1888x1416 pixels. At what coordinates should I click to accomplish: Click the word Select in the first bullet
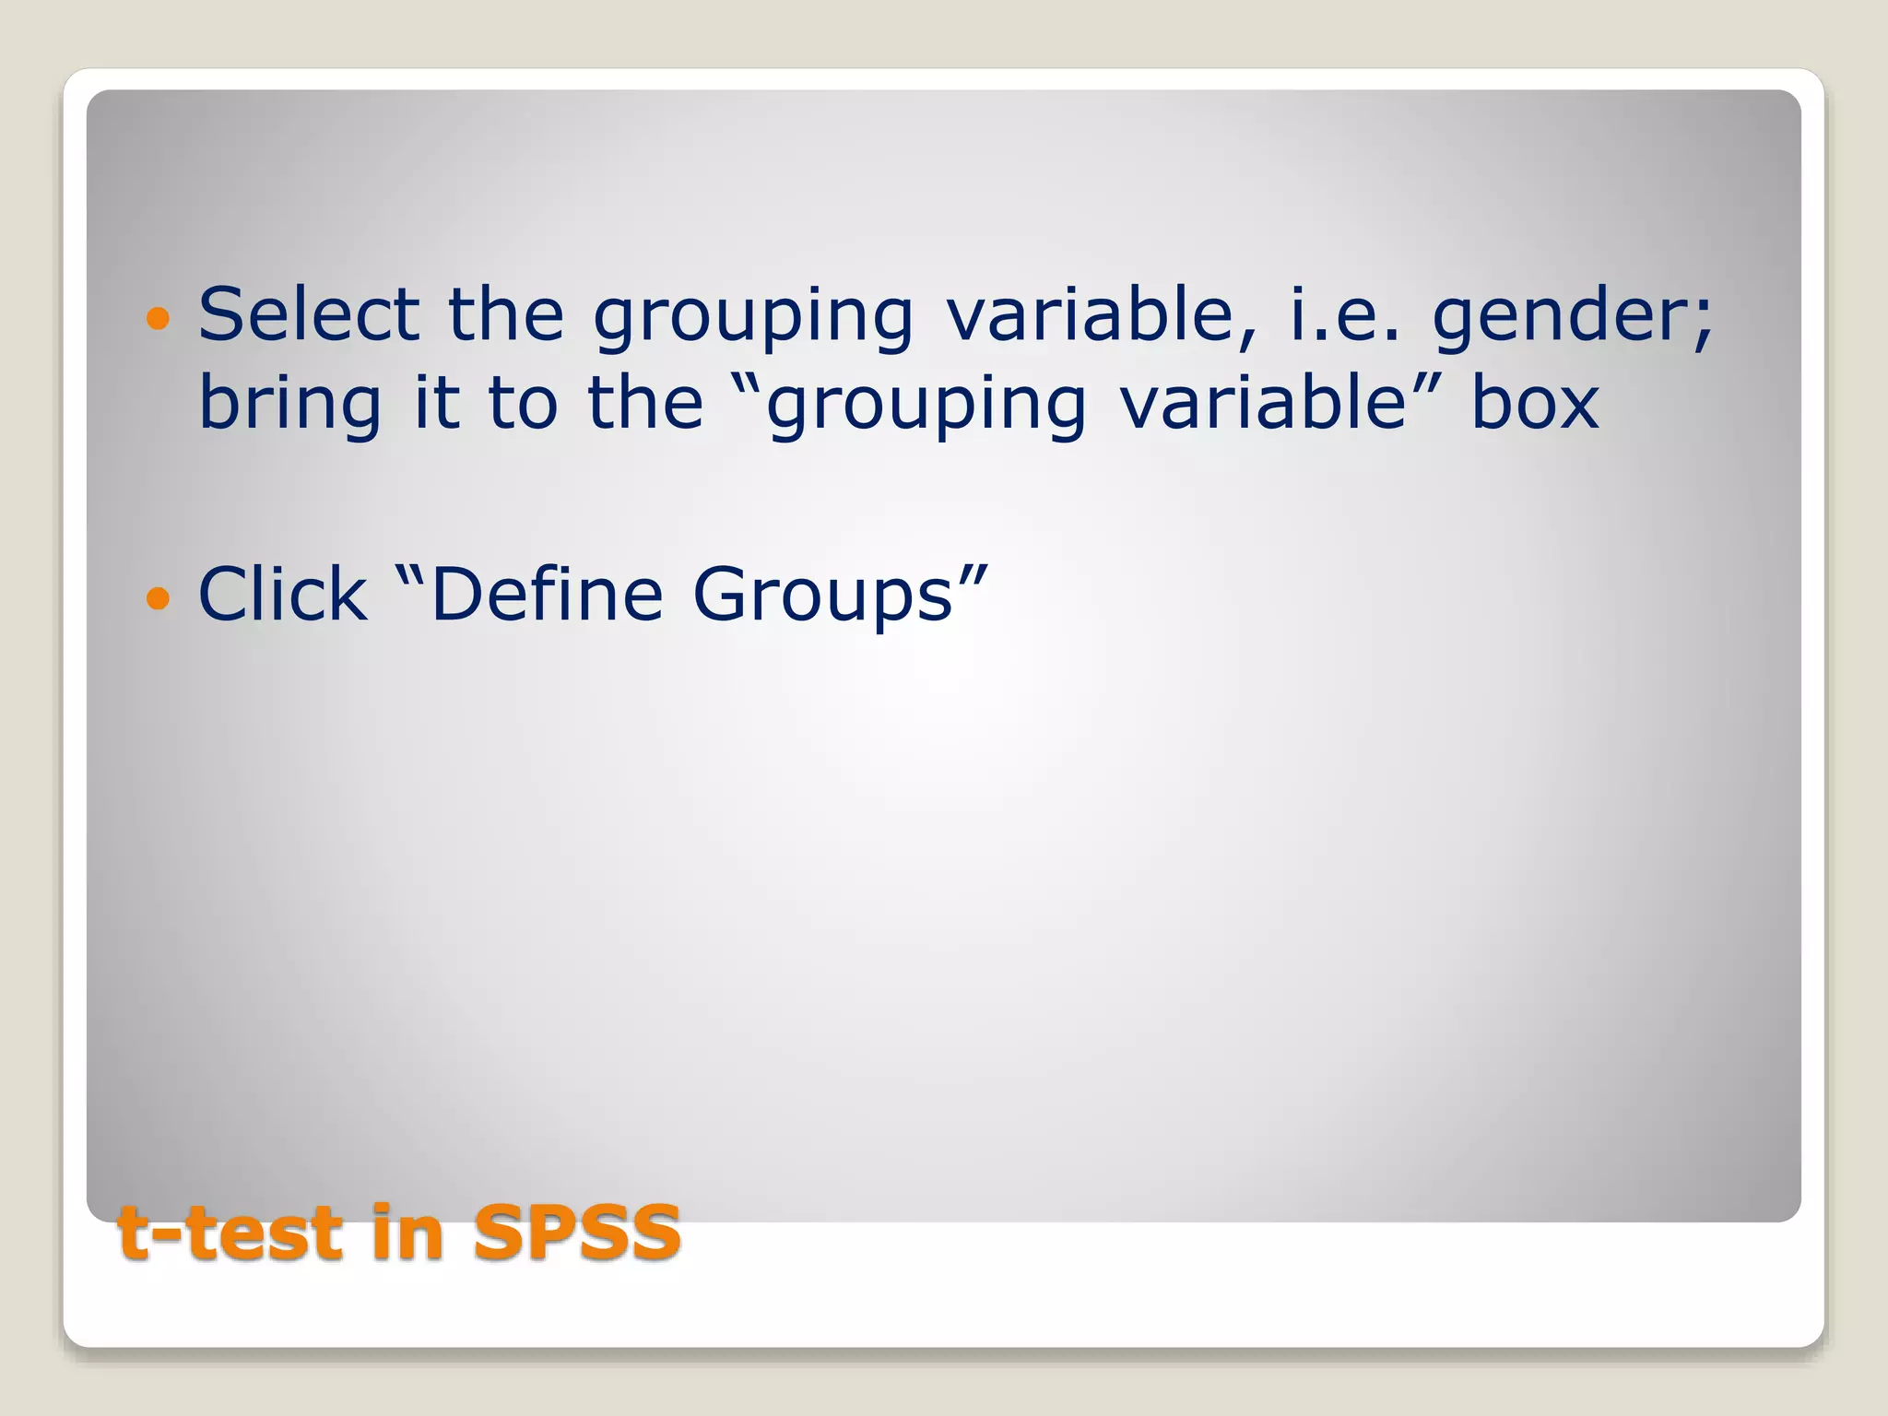pyautogui.click(x=309, y=314)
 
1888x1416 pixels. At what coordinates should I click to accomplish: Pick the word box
pyautogui.click(x=1535, y=403)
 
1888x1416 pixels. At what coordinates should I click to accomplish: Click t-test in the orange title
pyautogui.click(x=230, y=1233)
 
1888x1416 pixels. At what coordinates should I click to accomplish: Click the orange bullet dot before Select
pyautogui.click(x=159, y=319)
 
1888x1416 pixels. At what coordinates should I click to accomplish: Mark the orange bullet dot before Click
pyautogui.click(x=159, y=599)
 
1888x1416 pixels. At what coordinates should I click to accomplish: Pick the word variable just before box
pyautogui.click(x=1263, y=403)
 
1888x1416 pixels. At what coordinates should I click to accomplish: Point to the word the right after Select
pyautogui.click(x=506, y=314)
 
